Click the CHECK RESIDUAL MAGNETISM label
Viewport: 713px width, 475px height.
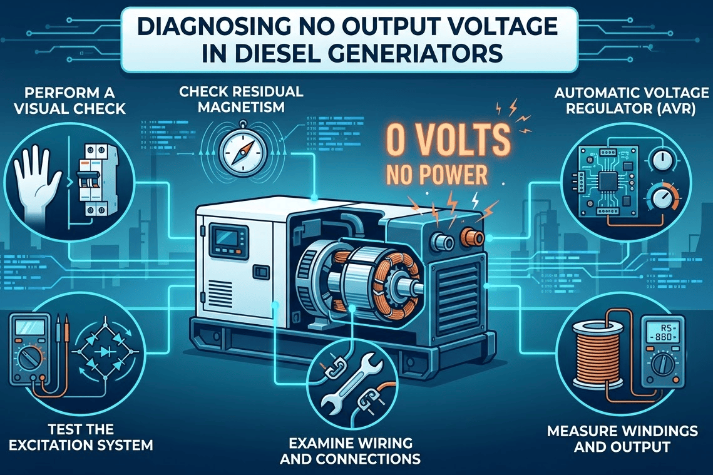point(240,99)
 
